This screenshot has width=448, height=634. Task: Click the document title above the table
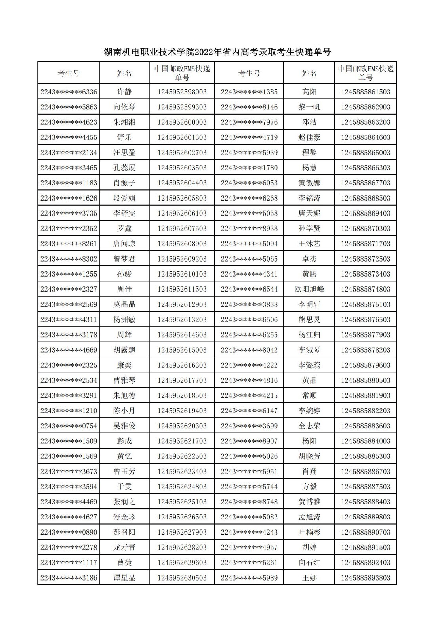click(x=217, y=52)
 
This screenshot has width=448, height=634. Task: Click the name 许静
click(x=124, y=92)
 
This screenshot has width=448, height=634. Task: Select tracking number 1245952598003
click(x=182, y=92)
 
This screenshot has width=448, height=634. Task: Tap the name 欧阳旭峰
click(x=309, y=289)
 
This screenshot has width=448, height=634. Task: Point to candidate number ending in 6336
click(x=69, y=92)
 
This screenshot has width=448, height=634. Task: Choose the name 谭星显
click(x=124, y=578)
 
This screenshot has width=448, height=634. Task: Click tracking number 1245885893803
click(x=366, y=578)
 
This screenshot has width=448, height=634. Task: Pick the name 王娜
click(x=309, y=578)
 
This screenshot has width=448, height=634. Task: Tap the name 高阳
click(x=309, y=92)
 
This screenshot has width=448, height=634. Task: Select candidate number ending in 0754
click(x=69, y=426)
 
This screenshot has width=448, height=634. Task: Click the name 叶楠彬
click(x=309, y=532)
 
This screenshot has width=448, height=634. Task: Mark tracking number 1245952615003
click(x=182, y=350)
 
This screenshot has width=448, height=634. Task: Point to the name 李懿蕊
click(x=309, y=365)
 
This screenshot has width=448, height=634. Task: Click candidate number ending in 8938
click(x=249, y=229)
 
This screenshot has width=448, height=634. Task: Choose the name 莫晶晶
click(x=124, y=304)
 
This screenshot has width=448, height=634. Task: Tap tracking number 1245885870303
click(x=366, y=229)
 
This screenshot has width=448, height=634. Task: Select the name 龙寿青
click(x=124, y=547)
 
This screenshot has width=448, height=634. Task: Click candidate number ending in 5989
click(x=249, y=578)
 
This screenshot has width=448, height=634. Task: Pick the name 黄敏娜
click(x=309, y=183)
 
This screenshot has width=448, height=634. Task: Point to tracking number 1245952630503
click(x=182, y=578)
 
